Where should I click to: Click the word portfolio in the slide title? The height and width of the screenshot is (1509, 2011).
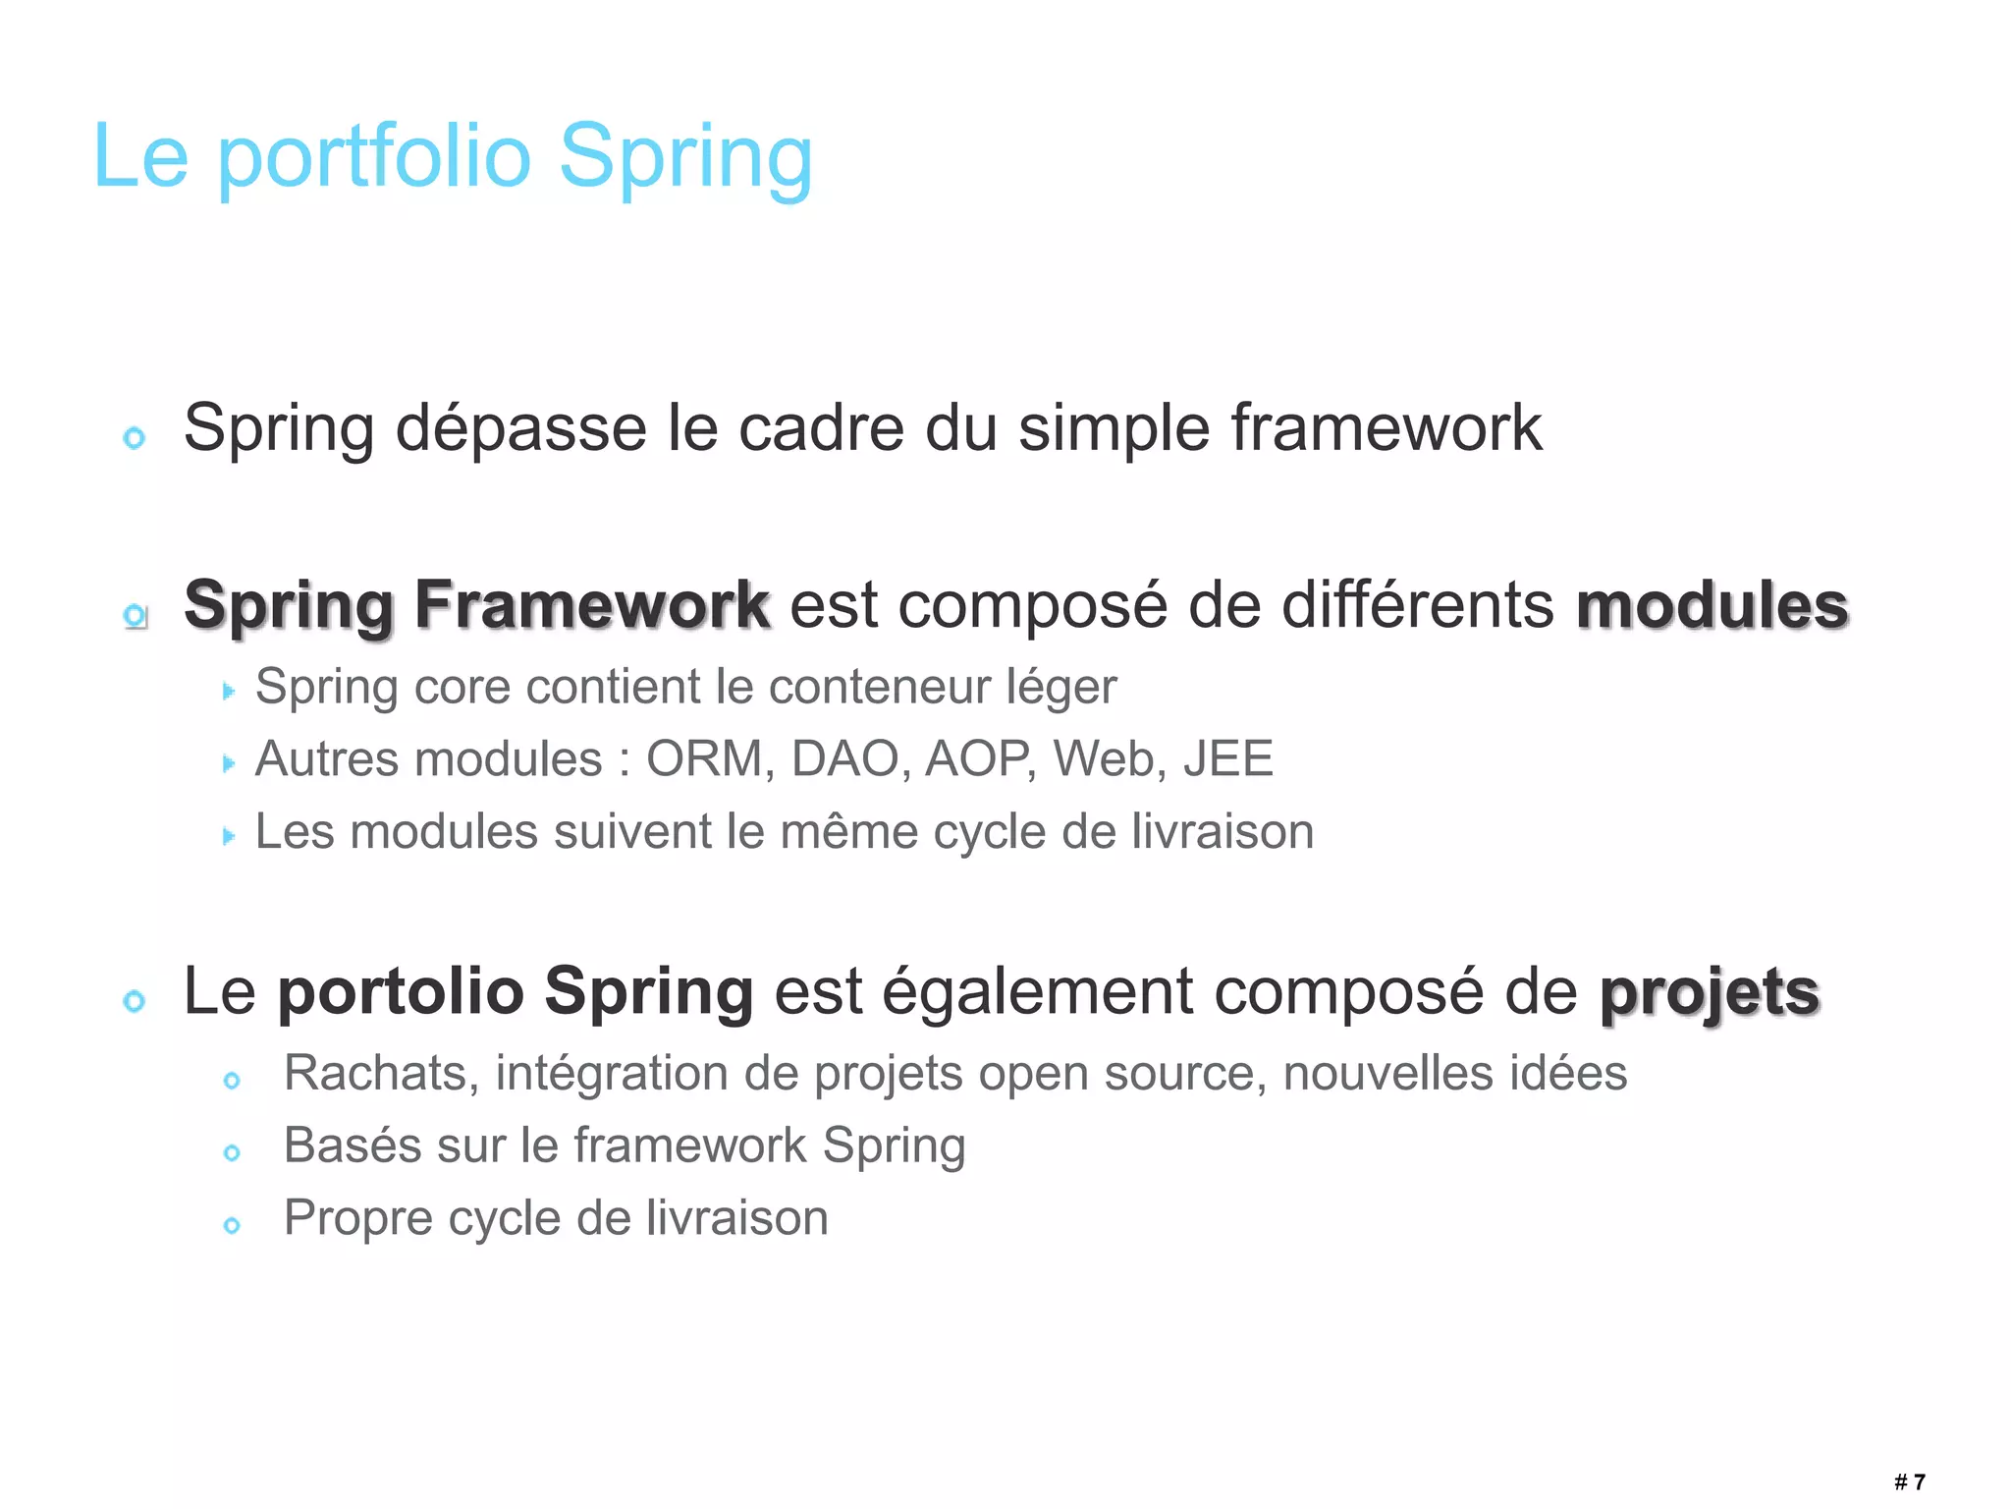(373, 157)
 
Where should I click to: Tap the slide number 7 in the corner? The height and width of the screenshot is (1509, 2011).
(1920, 1481)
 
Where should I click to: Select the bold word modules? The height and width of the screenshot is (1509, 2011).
(1712, 605)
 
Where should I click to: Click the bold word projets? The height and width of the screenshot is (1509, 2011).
(1710, 992)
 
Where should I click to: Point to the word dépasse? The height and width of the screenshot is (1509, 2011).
(521, 428)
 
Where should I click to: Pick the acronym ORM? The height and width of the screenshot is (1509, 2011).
(703, 758)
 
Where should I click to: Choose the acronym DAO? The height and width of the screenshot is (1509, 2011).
(845, 758)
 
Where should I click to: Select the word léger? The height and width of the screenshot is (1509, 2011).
(1061, 687)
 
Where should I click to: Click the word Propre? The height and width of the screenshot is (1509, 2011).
(358, 1218)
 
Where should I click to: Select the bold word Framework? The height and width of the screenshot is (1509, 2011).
(592, 605)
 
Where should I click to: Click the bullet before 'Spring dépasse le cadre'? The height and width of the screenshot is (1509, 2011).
(135, 437)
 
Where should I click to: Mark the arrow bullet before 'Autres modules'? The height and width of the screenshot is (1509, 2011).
(229, 763)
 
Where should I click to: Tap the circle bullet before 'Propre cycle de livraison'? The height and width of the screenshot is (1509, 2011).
(232, 1225)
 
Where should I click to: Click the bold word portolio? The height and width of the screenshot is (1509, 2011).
(401, 992)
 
